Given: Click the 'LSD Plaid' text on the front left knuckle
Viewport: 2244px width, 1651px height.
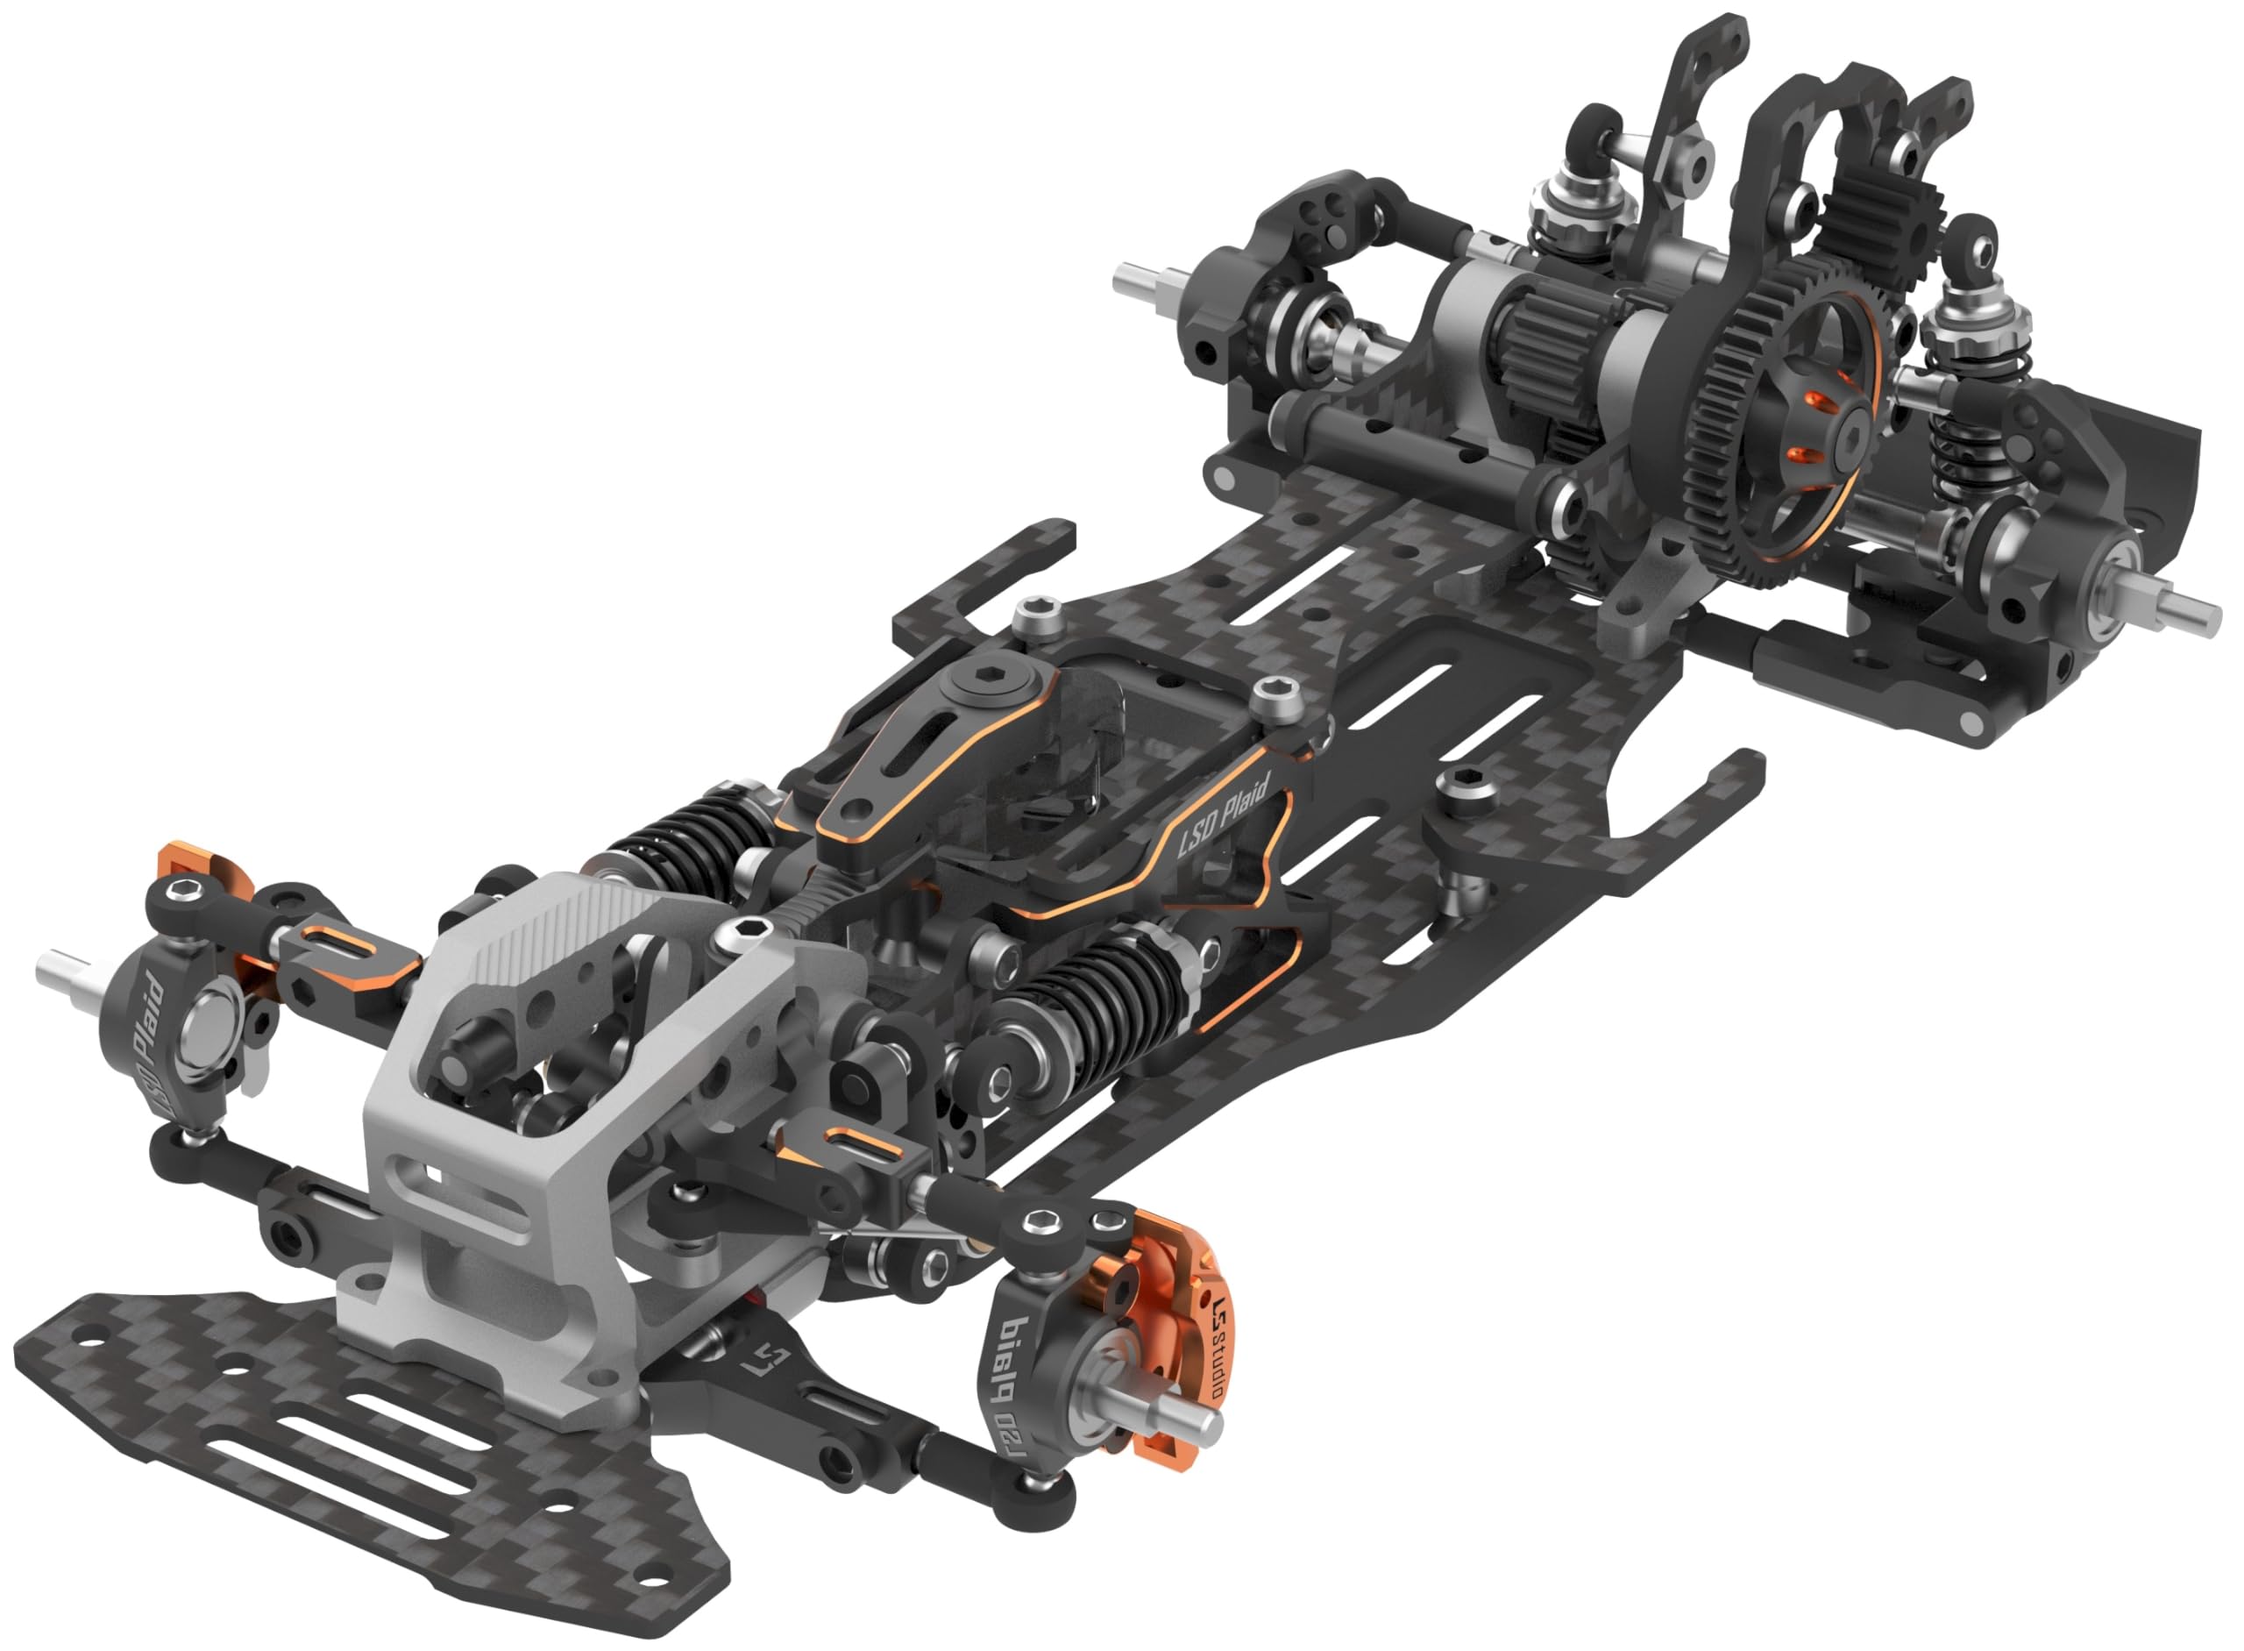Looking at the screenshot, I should point(150,1039).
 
